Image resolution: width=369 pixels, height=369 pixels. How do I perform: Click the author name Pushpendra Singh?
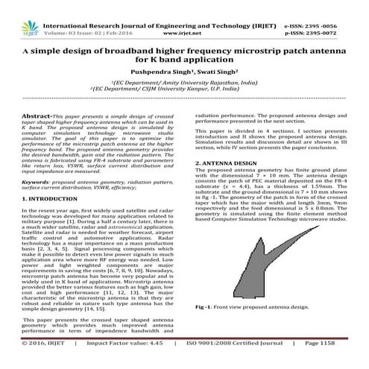156,73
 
